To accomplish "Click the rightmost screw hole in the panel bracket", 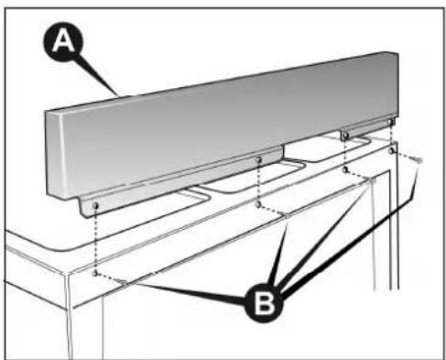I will click(391, 122).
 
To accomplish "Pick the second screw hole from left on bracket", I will click(260, 161).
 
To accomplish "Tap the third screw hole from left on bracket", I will click(345, 136).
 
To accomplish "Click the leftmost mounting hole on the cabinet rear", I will click(96, 272).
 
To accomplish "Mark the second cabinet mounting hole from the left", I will click(260, 203).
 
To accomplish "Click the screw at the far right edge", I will click(418, 160).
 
